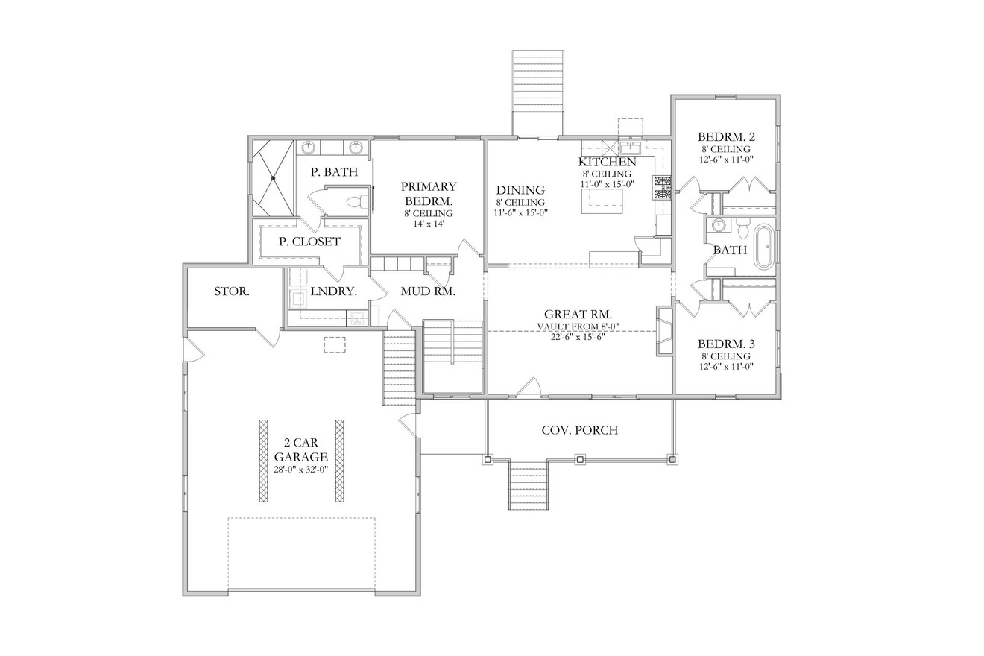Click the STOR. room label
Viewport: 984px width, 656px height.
[232, 291]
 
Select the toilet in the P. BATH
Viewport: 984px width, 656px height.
[359, 201]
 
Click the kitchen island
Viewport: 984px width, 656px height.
[604, 200]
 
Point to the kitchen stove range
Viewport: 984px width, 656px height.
[662, 188]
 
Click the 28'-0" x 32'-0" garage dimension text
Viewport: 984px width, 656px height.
[300, 469]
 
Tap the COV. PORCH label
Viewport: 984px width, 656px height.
[579, 430]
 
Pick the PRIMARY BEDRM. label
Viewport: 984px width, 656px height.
[428, 194]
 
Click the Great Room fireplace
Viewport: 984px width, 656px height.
[663, 329]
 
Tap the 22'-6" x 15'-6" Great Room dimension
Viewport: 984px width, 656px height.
[578, 336]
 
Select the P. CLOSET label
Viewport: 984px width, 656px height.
[309, 242]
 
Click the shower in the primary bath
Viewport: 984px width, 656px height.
[274, 178]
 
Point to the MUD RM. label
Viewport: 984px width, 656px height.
[428, 291]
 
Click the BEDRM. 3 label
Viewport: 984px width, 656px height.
[726, 344]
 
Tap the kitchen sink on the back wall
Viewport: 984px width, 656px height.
[630, 146]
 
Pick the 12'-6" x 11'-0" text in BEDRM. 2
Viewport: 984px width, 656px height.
[726, 159]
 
